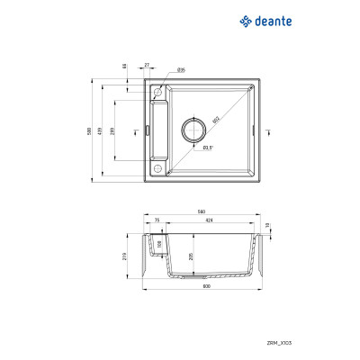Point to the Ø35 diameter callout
tap(181, 69)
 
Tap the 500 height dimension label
tap(90, 130)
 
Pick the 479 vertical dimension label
tap(102, 130)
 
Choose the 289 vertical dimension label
tap(112, 130)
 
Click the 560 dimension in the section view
tap(202, 212)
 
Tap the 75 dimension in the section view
tap(157, 220)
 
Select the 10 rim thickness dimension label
tap(268, 226)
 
